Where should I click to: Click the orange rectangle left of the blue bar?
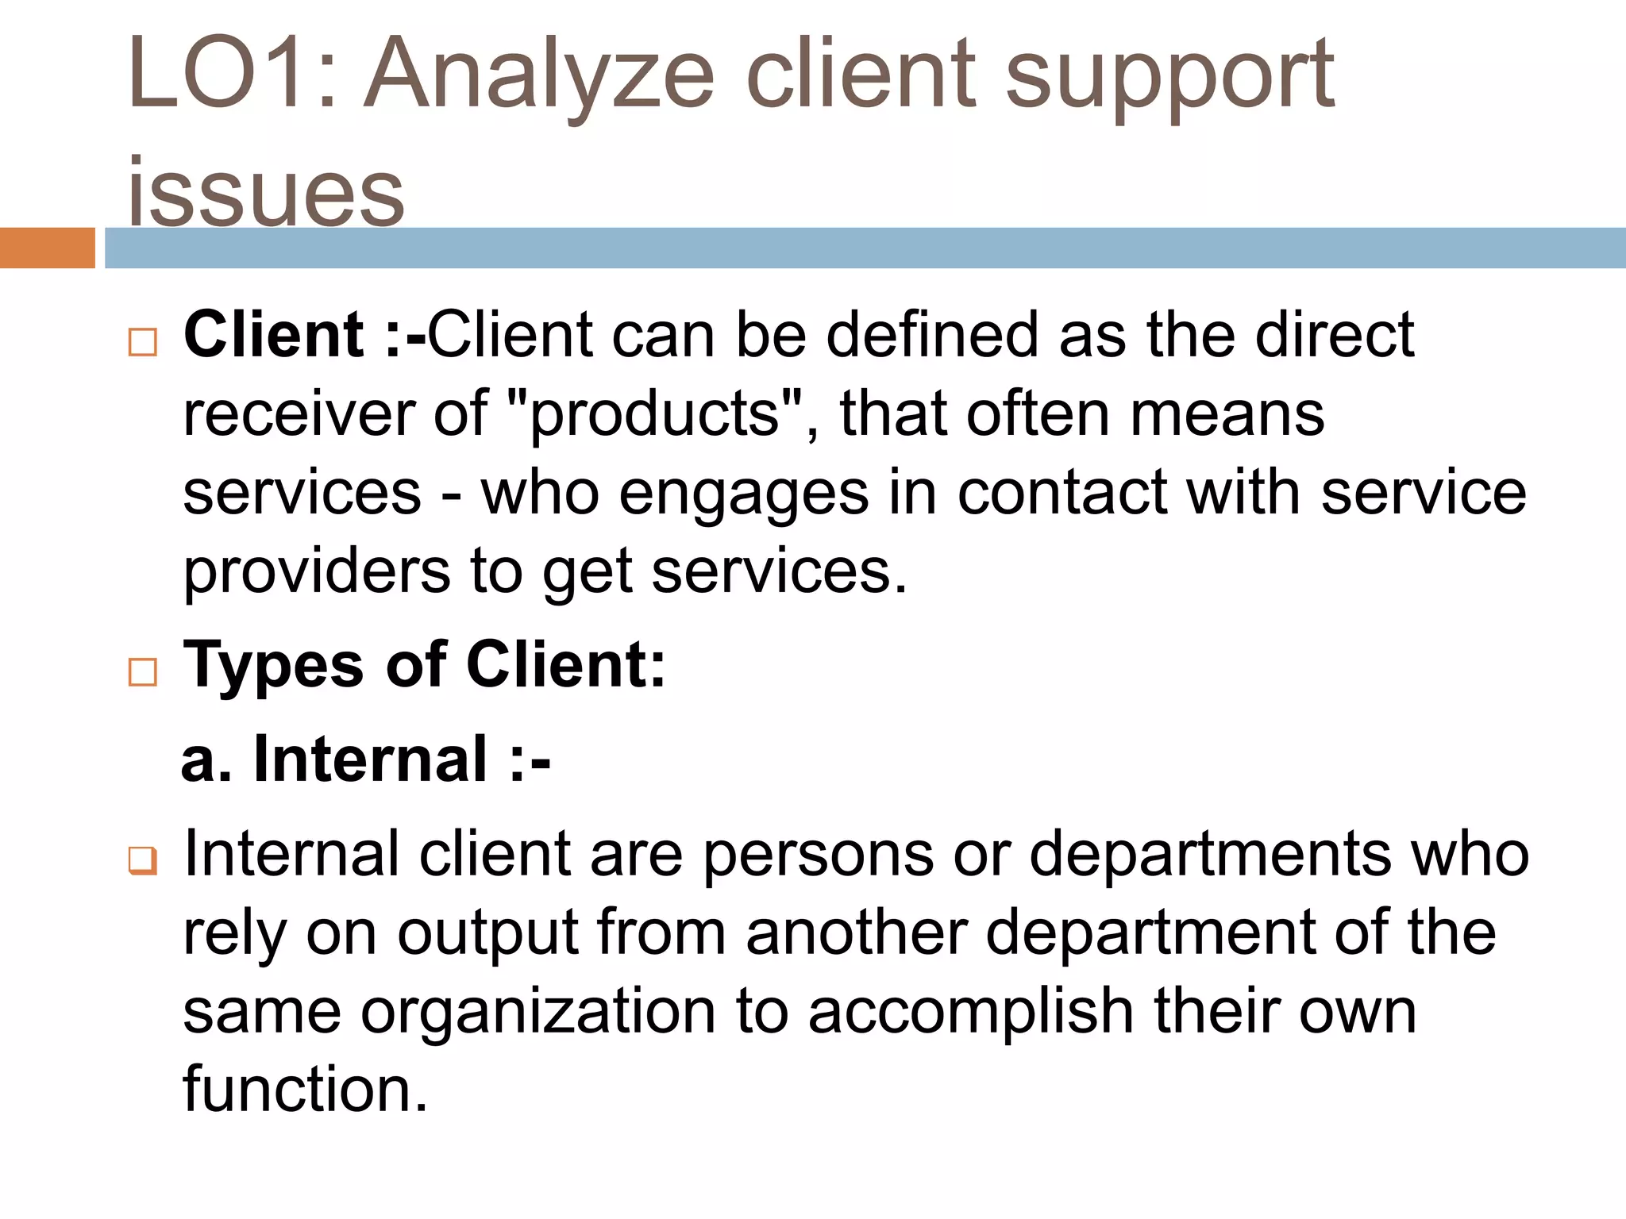[47, 248]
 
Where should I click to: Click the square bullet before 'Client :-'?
[143, 342]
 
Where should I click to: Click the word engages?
[743, 494]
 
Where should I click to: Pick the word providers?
[317, 571]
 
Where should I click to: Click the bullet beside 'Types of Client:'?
[143, 672]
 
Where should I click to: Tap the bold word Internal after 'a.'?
[370, 759]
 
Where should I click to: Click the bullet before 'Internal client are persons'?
[143, 860]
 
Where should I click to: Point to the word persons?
[818, 855]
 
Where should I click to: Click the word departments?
[1211, 855]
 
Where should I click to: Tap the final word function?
[306, 1089]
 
